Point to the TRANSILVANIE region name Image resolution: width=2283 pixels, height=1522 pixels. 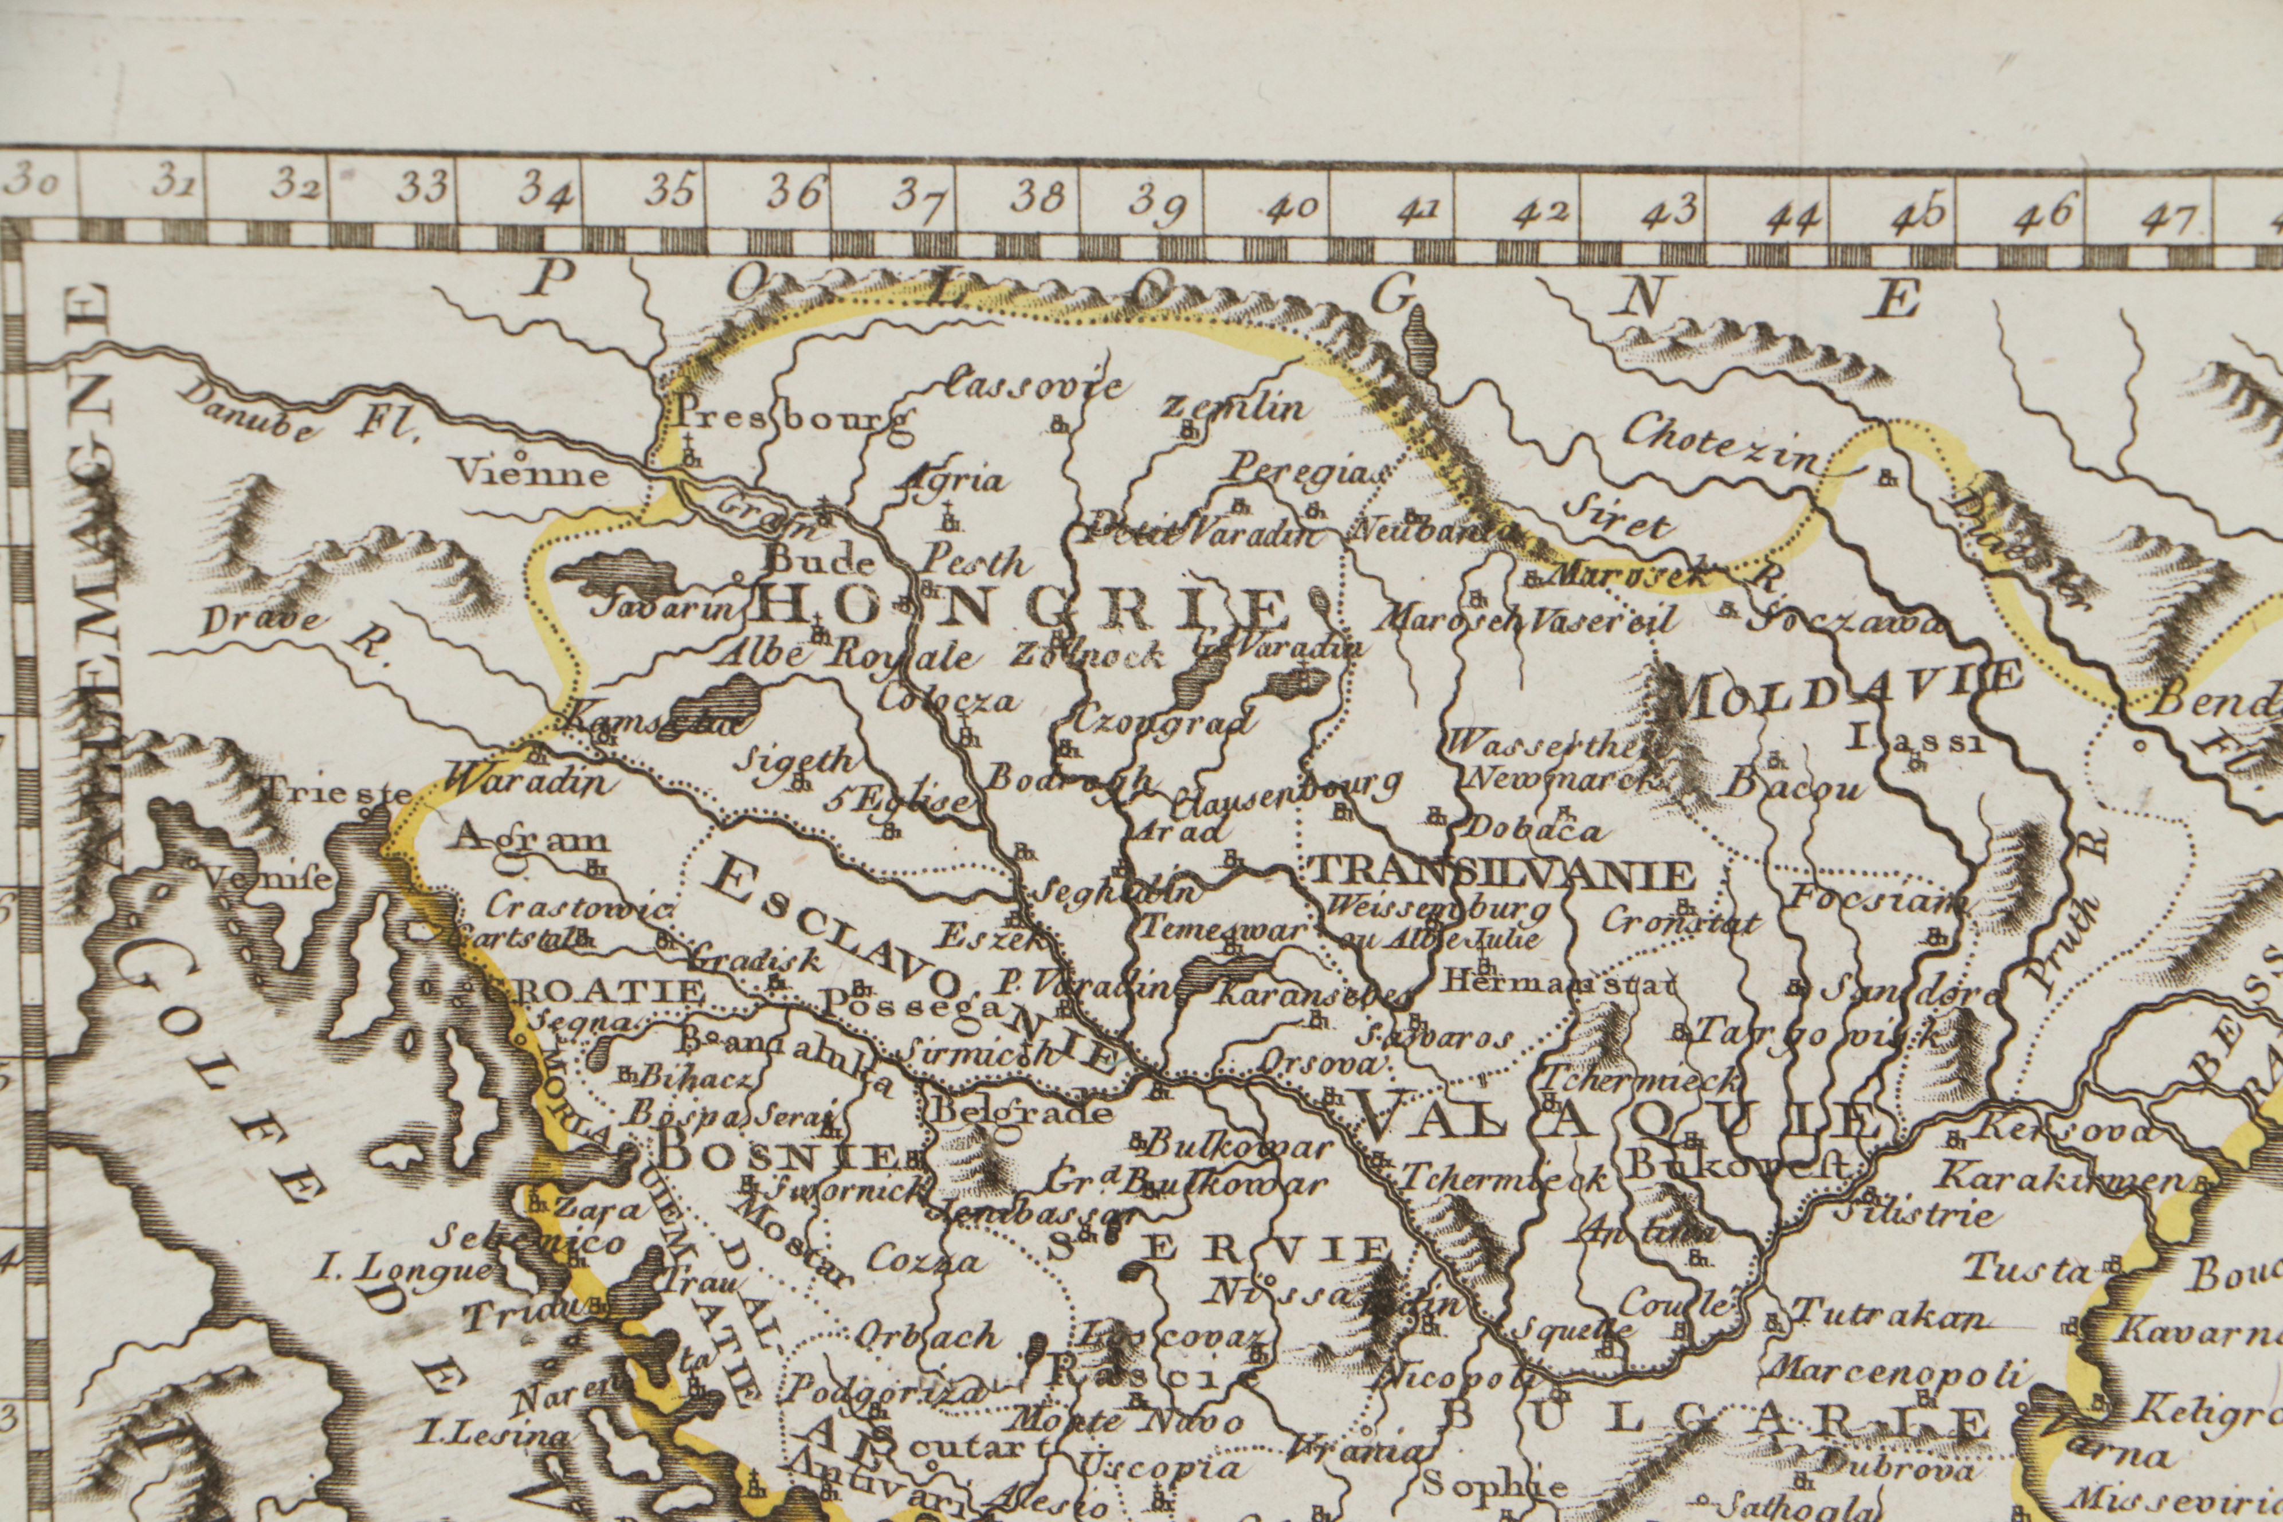(x=1501, y=873)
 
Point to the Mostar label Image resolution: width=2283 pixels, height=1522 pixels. (x=791, y=1238)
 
